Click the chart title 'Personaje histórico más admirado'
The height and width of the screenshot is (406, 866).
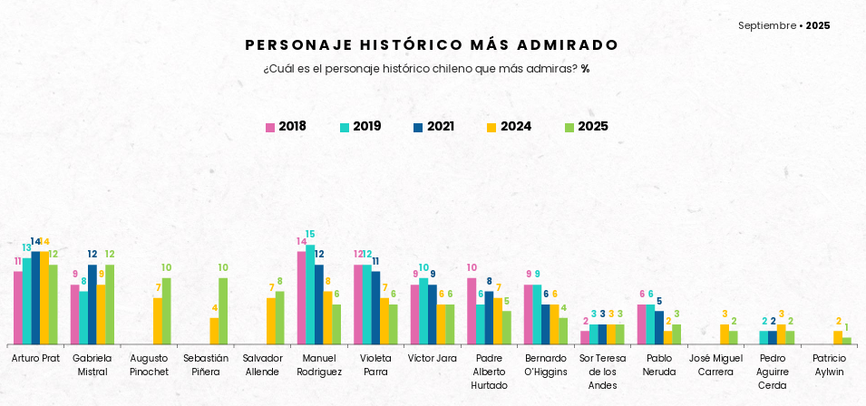[432, 45]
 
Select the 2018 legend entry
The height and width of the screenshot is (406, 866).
[286, 127]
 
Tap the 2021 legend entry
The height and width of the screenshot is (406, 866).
[433, 127]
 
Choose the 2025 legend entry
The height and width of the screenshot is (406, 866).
[586, 127]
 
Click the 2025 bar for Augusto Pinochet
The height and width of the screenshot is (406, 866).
[167, 311]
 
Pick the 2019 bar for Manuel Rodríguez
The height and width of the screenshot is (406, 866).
[310, 295]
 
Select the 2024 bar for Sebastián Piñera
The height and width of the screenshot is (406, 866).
[215, 331]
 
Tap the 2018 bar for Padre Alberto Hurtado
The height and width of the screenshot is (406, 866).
[472, 311]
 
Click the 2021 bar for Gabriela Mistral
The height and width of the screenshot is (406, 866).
[92, 304]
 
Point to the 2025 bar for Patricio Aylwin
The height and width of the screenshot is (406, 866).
[847, 341]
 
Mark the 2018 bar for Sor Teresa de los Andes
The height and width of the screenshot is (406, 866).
[585, 337]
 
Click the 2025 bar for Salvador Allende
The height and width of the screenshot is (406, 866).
[280, 317]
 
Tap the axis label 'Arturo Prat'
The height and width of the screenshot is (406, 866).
[35, 359]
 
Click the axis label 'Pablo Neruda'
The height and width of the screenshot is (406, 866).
[658, 365]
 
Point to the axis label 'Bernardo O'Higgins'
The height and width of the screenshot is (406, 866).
[545, 365]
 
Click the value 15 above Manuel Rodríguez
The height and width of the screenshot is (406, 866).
[310, 235]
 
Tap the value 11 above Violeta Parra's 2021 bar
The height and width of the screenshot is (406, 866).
[375, 261]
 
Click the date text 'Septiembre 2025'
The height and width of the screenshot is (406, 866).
[783, 25]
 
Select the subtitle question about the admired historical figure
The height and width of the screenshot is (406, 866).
[426, 69]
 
